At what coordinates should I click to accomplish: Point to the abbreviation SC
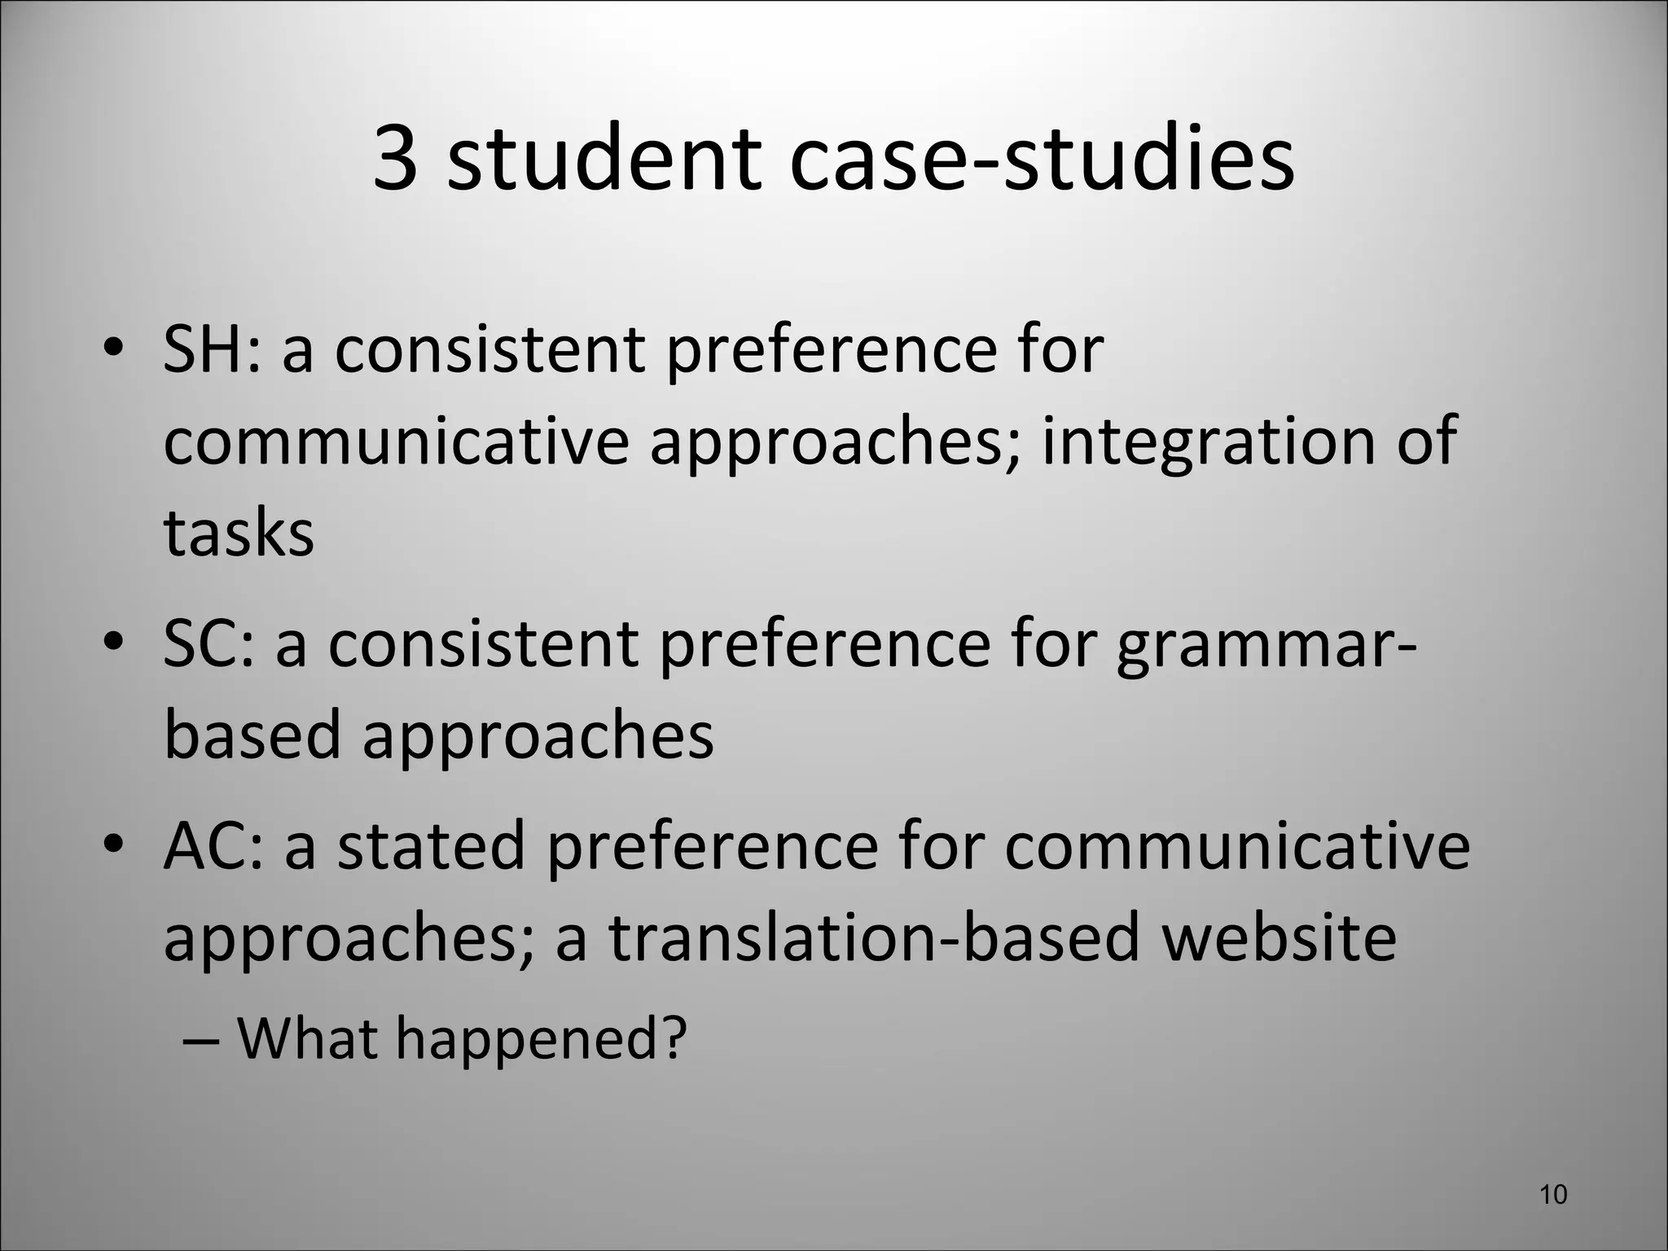click(208, 644)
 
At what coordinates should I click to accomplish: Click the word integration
click(1205, 441)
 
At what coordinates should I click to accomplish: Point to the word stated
click(431, 846)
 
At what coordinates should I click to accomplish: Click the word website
click(1279, 937)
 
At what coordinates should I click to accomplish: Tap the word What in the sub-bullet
click(308, 1038)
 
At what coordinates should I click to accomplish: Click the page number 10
click(1554, 1195)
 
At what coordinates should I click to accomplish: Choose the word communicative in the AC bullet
click(1236, 846)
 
